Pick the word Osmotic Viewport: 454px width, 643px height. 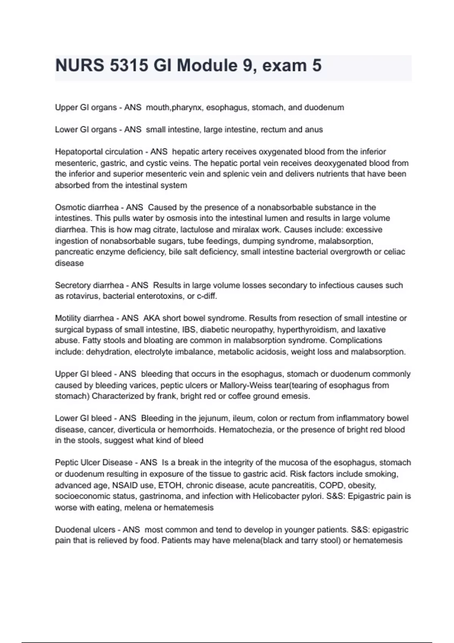[x=70, y=207]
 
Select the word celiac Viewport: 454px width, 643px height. [x=394, y=252]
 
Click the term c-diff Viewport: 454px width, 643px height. [x=207, y=296]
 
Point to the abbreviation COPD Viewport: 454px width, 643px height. [x=332, y=485]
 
